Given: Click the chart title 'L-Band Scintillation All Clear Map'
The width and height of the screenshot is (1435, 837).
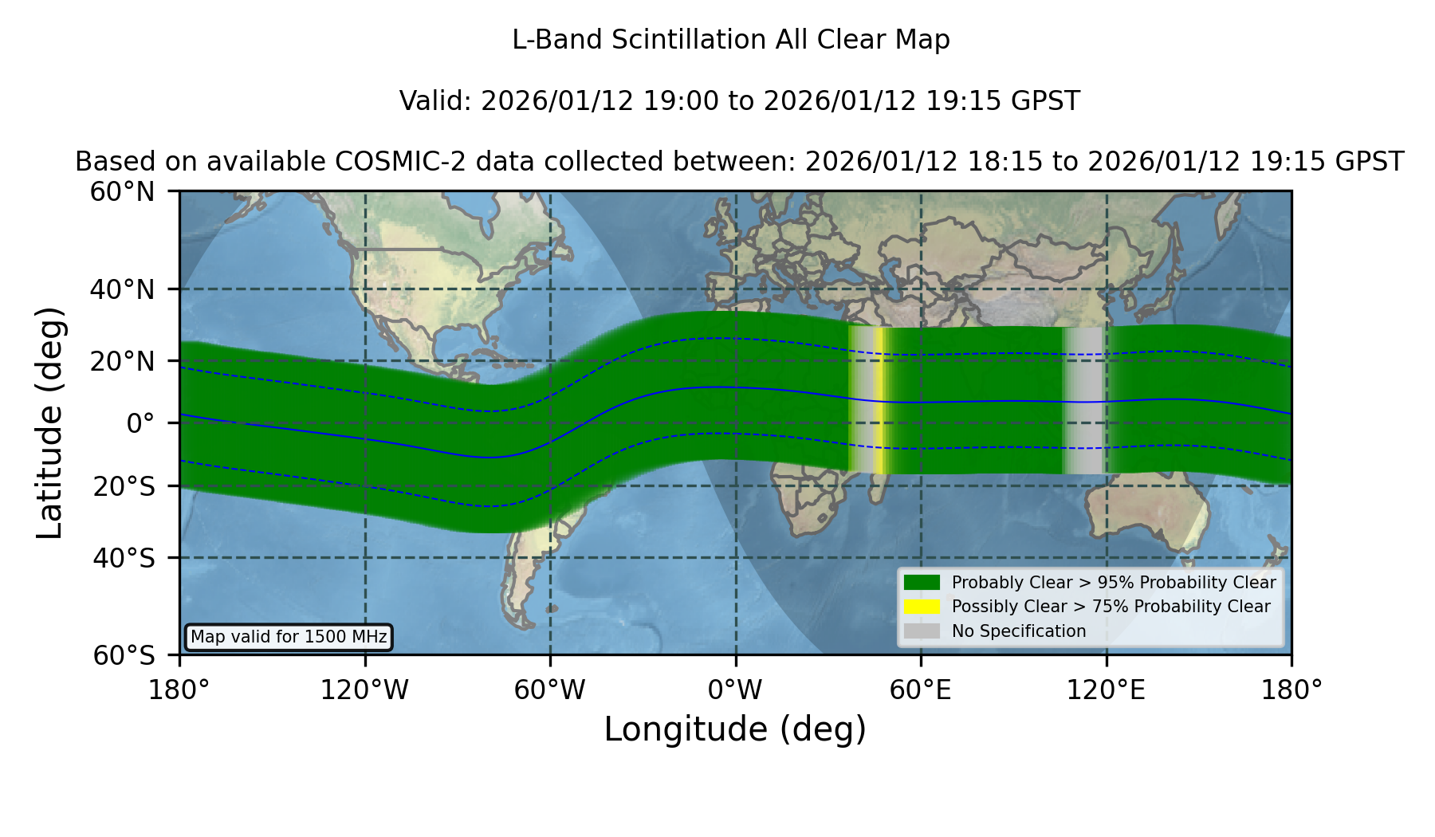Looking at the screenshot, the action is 730,40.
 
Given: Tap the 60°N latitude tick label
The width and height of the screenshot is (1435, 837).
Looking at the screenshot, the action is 122,192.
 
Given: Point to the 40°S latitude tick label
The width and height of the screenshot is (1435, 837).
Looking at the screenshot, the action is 124,558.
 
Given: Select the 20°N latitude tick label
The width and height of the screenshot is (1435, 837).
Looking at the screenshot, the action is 122,361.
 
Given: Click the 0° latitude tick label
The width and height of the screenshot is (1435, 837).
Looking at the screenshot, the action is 140,423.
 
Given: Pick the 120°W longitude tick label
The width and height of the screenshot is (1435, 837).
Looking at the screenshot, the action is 364,690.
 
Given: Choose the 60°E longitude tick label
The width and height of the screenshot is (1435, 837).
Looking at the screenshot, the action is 921,690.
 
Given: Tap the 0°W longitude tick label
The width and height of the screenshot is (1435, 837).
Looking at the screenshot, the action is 735,690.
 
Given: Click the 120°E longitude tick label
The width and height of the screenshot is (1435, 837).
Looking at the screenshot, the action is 1106,690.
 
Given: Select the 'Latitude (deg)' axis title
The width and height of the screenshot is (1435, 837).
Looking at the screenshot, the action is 50,422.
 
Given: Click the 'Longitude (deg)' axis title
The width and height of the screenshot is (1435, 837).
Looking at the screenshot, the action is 735,730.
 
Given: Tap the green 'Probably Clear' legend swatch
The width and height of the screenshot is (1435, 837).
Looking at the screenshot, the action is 922,583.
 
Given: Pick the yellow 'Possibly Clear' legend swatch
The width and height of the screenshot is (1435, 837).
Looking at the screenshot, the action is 922,607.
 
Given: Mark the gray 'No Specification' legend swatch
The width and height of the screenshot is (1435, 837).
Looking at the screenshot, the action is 922,631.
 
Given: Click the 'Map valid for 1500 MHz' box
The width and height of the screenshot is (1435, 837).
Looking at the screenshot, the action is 289,637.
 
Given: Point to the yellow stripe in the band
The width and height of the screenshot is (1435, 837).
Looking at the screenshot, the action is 879,400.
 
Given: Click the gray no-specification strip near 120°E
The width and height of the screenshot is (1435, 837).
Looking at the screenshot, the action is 1083,400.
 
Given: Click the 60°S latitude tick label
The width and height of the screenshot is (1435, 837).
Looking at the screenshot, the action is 124,656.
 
